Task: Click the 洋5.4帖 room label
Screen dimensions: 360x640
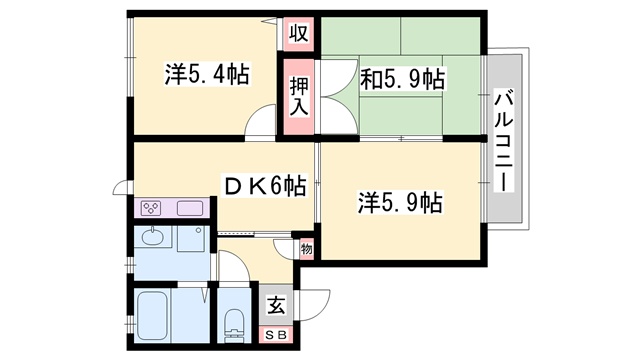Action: (207, 75)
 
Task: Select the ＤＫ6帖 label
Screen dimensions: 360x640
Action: (263, 184)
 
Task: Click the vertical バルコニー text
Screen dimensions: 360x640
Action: (502, 140)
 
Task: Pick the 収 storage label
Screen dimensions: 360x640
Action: (297, 33)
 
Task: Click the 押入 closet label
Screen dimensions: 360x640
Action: (298, 93)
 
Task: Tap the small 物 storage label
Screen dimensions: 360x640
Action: (306, 247)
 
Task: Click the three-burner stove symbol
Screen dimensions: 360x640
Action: (152, 209)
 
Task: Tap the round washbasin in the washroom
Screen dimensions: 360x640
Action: (153, 238)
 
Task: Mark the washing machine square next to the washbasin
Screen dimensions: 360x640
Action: (192, 240)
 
